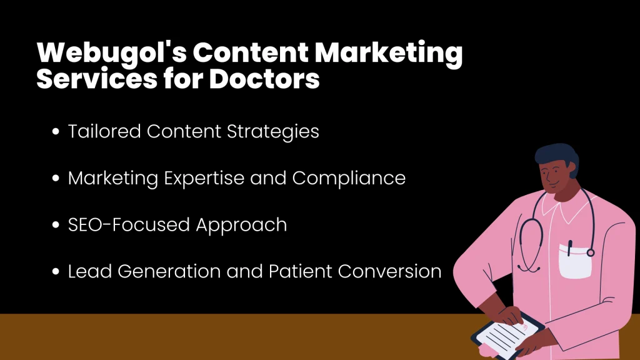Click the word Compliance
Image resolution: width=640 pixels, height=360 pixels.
tap(349, 178)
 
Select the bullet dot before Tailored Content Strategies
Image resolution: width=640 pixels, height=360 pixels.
tap(56, 132)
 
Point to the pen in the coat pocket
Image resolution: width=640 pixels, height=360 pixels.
tap(569, 248)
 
